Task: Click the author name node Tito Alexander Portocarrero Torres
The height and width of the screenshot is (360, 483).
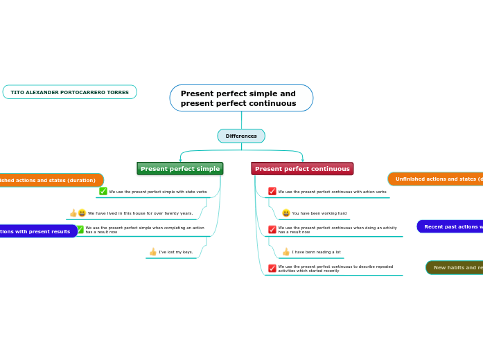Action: click(x=69, y=92)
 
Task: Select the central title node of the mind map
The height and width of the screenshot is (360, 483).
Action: click(x=241, y=98)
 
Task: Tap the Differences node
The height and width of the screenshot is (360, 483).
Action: click(x=241, y=136)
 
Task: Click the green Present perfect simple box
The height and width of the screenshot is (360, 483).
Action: click(x=180, y=169)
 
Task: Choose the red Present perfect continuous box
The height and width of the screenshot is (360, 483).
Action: click(x=302, y=169)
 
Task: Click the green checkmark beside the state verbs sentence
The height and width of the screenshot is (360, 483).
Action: click(x=103, y=191)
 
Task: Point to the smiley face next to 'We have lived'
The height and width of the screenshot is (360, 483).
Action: click(x=82, y=213)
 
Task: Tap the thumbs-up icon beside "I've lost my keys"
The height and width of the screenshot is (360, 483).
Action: click(x=153, y=252)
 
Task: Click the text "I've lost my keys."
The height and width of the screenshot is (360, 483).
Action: click(x=176, y=252)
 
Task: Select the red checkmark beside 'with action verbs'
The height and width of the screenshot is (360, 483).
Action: click(x=272, y=191)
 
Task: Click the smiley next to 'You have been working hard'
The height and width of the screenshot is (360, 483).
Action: click(x=286, y=213)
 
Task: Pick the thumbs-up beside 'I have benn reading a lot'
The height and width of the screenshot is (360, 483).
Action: click(x=286, y=252)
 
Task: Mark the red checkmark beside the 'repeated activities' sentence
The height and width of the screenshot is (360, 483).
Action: click(x=272, y=268)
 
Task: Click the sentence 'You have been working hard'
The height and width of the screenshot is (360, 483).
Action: click(x=319, y=213)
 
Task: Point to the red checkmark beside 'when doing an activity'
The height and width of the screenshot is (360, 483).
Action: click(x=272, y=229)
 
